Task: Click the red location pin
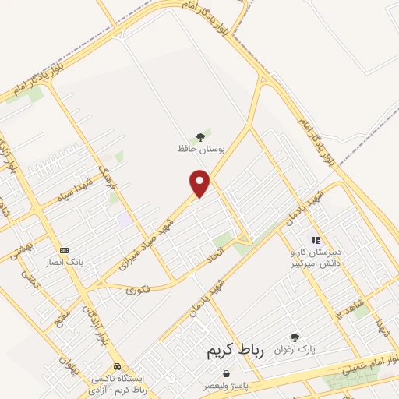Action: click(201, 183)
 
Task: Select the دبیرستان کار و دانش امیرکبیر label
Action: click(316, 259)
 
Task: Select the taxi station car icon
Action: click(116, 365)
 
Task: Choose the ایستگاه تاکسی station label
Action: click(117, 382)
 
